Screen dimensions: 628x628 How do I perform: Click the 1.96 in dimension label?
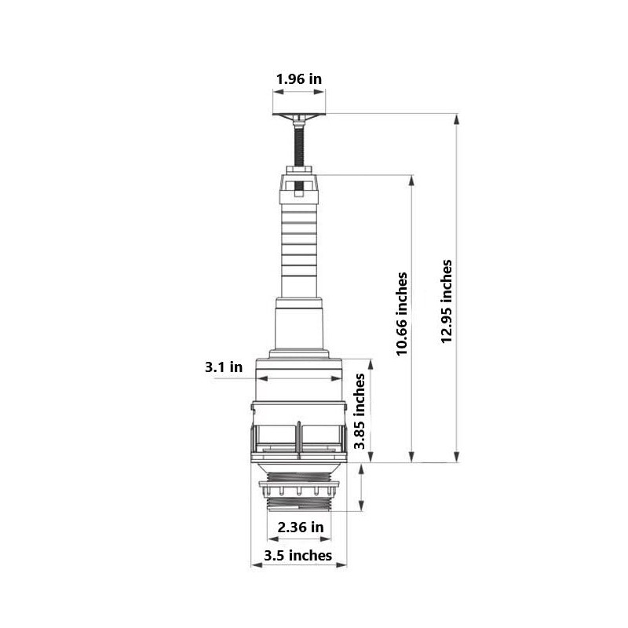298,79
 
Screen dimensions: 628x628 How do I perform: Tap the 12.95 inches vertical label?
447,301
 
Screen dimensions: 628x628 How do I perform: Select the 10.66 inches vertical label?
402,314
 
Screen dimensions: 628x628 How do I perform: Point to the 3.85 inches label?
360,411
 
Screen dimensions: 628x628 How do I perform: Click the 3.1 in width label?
224,367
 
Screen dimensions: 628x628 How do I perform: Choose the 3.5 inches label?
298,556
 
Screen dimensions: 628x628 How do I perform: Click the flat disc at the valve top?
298,117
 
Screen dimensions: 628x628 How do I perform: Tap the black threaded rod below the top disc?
299,145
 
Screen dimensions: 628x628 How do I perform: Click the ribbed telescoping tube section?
298,243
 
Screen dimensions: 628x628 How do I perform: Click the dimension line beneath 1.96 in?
298,92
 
